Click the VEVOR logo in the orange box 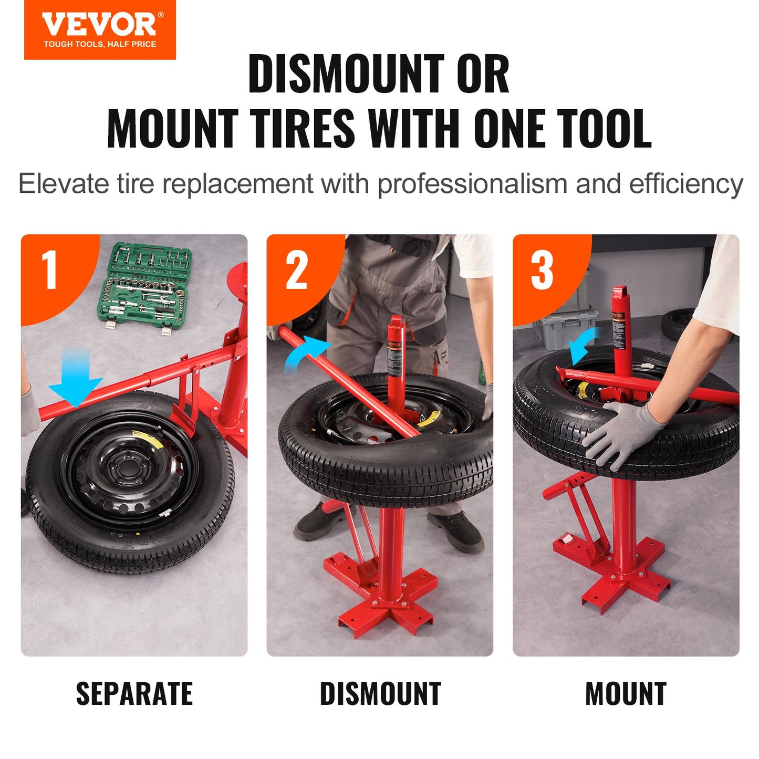tap(100, 25)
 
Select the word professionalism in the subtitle tap(472, 184)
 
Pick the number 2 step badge tap(296, 271)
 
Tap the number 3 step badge tap(542, 271)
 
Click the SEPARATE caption tap(134, 693)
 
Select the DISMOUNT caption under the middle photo tap(380, 693)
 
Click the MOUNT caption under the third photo tap(626, 693)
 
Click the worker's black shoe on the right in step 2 tap(456, 531)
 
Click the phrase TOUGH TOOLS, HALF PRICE tap(100, 44)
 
